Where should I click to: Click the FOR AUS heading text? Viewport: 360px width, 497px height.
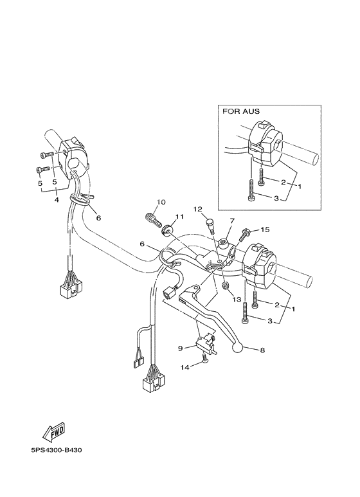(241, 111)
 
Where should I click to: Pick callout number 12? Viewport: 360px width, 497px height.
(198, 209)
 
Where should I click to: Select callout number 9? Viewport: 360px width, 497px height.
(180, 348)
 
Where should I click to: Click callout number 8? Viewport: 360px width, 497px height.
(262, 351)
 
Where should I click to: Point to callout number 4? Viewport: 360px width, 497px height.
(57, 201)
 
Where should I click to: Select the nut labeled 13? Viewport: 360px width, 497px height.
(225, 285)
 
